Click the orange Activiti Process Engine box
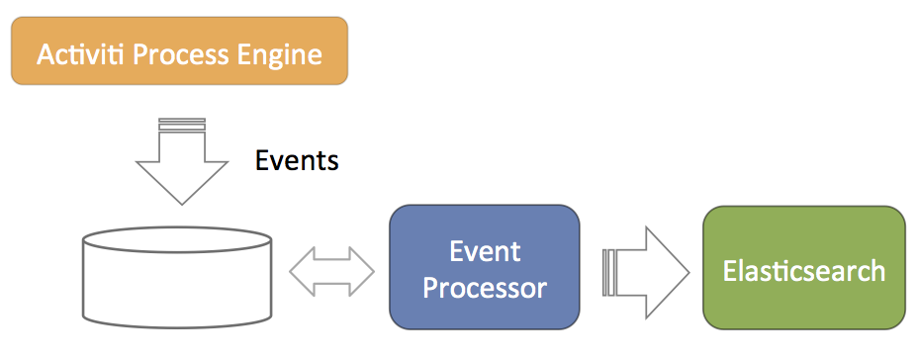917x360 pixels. coord(179,51)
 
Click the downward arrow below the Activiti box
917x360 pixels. coord(182,163)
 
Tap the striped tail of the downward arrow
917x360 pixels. coord(182,124)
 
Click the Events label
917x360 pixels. coord(297,160)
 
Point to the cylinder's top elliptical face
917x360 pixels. coord(178,239)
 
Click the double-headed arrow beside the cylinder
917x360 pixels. coord(331,268)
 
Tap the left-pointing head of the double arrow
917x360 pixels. coord(300,268)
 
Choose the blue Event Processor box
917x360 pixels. coord(484,268)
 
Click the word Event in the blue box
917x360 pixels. coord(485,251)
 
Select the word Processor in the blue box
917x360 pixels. coord(485,288)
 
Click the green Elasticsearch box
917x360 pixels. coord(803,268)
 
